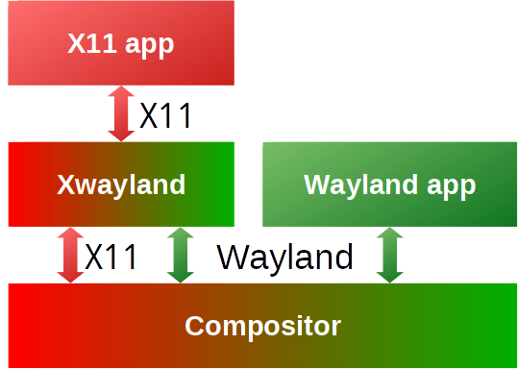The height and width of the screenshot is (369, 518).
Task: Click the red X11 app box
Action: (x=121, y=43)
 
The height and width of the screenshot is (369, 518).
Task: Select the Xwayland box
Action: (x=121, y=184)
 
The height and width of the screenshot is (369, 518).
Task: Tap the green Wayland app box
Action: (x=389, y=184)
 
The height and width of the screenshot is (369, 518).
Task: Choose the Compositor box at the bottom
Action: (x=261, y=326)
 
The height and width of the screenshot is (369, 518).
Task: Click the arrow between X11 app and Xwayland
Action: (x=121, y=114)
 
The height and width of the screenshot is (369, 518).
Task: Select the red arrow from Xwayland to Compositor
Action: (x=70, y=256)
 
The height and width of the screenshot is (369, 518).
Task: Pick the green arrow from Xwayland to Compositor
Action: (x=180, y=256)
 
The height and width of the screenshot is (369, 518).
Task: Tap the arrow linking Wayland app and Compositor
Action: (x=389, y=256)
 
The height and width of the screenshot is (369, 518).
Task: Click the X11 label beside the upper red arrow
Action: (x=166, y=116)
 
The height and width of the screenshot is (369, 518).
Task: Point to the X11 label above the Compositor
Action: (x=111, y=257)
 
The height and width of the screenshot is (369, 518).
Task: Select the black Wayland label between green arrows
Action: (x=284, y=257)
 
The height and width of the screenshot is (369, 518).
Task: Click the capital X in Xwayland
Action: (x=64, y=184)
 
